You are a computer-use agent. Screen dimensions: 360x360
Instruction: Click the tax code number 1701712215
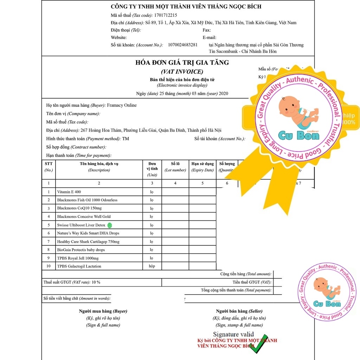click(x=166, y=15)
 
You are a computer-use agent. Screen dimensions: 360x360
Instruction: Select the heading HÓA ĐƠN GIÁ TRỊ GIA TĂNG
click(x=182, y=63)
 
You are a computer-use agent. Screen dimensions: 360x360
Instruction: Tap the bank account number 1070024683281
click(x=182, y=45)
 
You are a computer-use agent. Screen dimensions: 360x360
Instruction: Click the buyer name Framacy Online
click(x=122, y=105)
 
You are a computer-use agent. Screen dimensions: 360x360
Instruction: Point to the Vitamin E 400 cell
click(x=69, y=192)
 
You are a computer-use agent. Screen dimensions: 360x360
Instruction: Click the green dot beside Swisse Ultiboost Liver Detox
click(x=109, y=225)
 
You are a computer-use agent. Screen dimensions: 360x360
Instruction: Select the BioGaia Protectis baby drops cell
click(x=81, y=250)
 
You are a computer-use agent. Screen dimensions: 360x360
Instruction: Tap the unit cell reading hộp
click(x=152, y=266)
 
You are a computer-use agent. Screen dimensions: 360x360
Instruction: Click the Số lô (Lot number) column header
click(x=175, y=167)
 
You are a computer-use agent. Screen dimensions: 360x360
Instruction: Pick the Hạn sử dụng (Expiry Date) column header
click(x=202, y=167)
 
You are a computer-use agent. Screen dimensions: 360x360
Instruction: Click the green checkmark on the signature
click(x=259, y=343)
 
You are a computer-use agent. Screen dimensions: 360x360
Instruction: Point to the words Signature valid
click(x=233, y=334)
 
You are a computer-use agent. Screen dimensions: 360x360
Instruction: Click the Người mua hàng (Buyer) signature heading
click(x=103, y=311)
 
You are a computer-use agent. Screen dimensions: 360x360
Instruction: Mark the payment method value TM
click(x=126, y=139)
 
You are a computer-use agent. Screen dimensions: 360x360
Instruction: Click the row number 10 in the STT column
click(x=49, y=266)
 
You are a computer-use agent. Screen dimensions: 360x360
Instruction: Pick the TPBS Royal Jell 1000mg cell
click(x=78, y=258)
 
